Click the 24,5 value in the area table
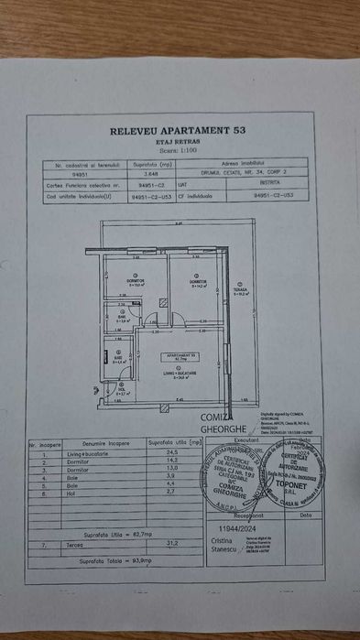click(169, 452)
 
